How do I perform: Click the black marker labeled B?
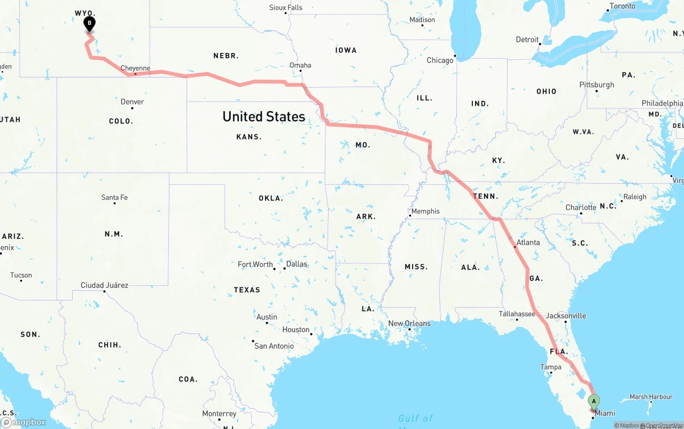click(89, 24)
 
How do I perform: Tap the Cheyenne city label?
click(135, 68)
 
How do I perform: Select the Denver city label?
click(132, 102)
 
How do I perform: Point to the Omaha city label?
click(300, 65)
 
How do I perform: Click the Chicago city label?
click(440, 60)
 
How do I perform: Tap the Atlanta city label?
click(528, 242)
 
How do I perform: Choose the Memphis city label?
click(425, 211)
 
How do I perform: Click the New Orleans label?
click(409, 323)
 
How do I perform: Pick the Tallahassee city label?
click(517, 314)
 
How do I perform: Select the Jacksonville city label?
click(566, 316)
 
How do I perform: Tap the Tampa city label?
click(551, 367)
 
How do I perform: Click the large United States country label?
click(264, 116)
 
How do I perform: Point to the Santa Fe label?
click(114, 198)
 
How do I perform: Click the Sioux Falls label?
click(285, 7)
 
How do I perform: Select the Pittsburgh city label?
click(596, 84)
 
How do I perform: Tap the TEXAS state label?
click(247, 290)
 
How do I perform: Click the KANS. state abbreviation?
click(249, 137)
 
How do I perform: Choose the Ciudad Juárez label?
click(104, 285)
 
